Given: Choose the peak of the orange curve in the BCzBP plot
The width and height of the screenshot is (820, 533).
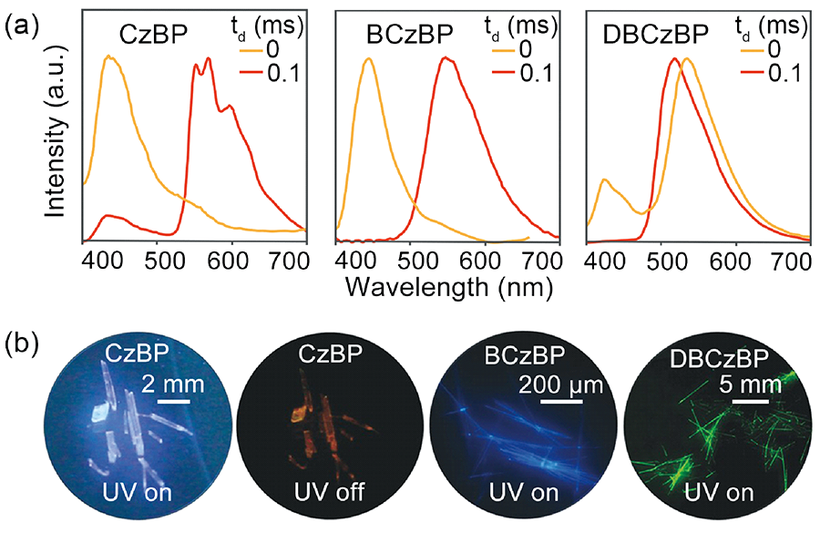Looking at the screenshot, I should (368, 59).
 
